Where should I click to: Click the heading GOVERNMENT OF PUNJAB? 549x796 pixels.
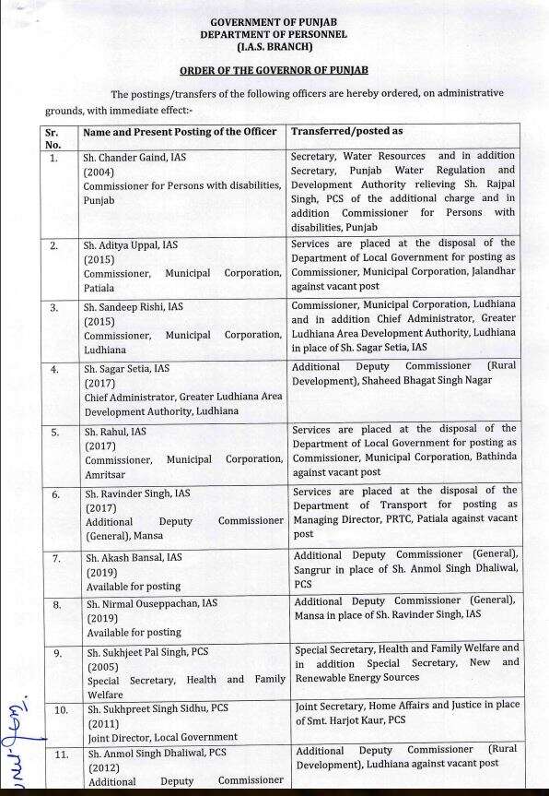click(x=274, y=20)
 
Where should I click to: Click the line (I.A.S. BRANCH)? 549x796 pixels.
click(x=274, y=46)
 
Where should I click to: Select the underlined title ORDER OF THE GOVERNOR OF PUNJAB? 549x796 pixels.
click(x=274, y=70)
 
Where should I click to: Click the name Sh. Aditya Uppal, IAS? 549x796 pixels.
click(x=131, y=245)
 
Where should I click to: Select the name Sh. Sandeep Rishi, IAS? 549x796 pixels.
click(x=134, y=306)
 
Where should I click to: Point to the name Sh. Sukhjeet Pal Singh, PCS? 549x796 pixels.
click(x=146, y=652)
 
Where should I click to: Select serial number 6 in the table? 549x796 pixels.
click(x=54, y=494)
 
